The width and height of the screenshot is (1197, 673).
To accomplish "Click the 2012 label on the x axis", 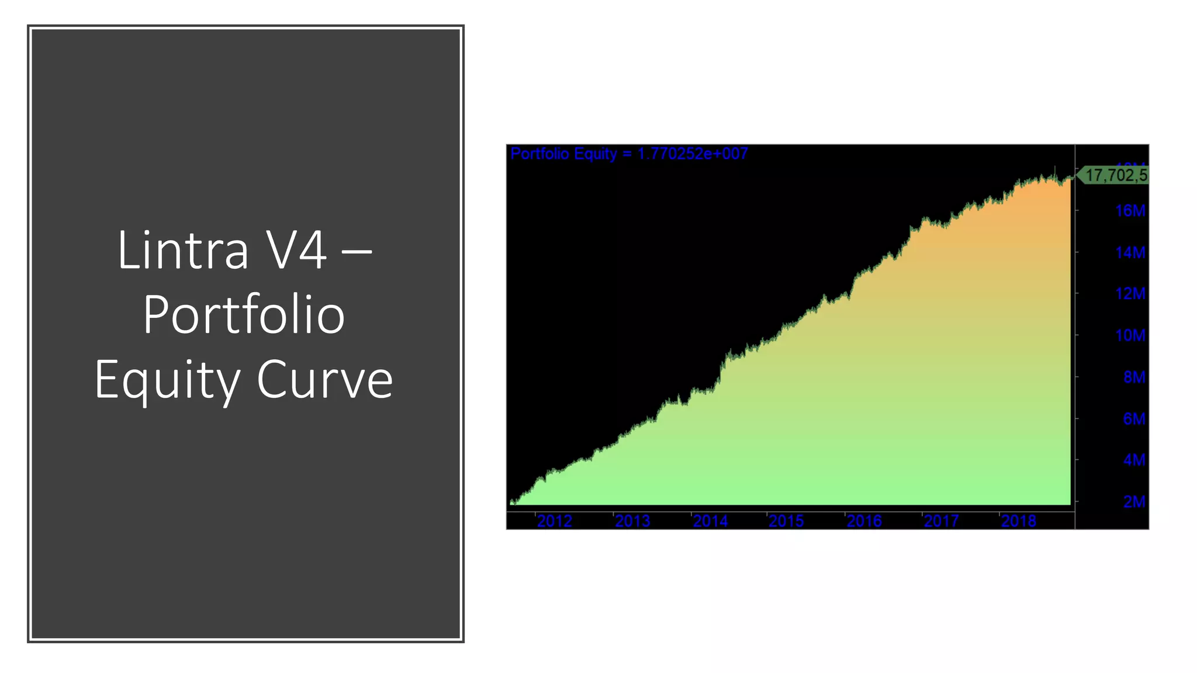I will (x=554, y=521).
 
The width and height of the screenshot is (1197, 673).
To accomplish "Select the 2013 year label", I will (x=632, y=521).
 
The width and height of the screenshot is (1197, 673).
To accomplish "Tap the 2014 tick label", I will (x=710, y=521).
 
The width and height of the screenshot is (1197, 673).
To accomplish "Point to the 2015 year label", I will (x=786, y=521).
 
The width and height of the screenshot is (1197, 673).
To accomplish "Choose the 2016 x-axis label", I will (x=864, y=521).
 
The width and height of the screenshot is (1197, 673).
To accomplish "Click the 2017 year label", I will (x=941, y=521).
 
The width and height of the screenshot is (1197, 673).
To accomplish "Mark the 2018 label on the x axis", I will (x=1018, y=521).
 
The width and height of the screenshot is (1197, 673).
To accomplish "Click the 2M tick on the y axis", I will (x=1134, y=502).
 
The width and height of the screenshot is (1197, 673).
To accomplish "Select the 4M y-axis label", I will (x=1134, y=460).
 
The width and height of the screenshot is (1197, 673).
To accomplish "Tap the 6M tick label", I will (x=1134, y=419).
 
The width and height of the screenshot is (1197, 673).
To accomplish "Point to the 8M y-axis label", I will (x=1134, y=377).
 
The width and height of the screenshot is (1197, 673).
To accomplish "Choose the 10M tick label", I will (x=1130, y=336).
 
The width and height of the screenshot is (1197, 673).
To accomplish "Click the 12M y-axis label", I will (x=1130, y=294).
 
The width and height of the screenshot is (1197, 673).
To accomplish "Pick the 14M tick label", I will (x=1130, y=253).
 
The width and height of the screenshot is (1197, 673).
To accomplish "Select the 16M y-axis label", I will (x=1130, y=211).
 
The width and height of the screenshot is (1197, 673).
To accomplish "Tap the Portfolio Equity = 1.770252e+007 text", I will (x=629, y=154).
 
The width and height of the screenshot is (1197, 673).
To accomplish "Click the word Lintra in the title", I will (x=183, y=250).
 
